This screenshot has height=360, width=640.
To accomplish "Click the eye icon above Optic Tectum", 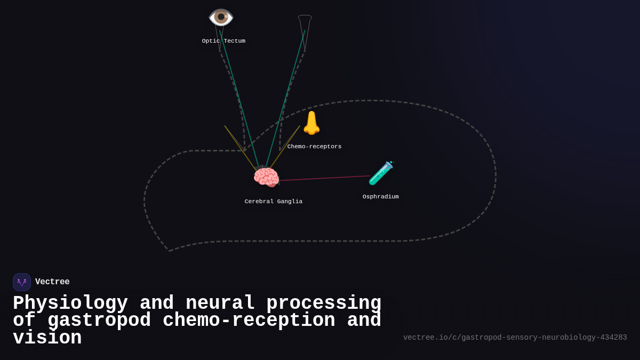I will pos(221,17).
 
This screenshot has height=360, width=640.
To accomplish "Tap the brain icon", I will pos(266,178).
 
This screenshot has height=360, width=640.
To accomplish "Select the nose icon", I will pos(311,123).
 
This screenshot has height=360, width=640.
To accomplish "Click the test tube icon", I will pos(381,173).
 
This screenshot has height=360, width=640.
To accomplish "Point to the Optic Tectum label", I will pos(223,41).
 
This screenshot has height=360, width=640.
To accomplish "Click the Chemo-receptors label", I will pos(314,147).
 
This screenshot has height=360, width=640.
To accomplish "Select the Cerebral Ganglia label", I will pos(273,202).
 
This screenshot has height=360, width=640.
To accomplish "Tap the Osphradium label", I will pos(380,197).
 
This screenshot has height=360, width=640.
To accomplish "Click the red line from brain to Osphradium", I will pos(325,178).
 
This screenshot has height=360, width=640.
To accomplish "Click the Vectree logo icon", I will pos(22,282).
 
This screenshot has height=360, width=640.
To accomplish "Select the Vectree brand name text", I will pos(52,282).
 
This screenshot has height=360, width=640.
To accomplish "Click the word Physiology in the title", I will pos(70,303).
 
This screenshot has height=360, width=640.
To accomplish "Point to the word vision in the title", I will pos(47,338).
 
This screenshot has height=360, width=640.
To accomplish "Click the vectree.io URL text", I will pos(515,338).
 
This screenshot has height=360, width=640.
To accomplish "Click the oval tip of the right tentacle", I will pos(305,18).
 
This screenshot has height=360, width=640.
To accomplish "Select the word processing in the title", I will pos(324,303).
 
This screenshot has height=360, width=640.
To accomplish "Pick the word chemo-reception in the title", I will pos(249,321).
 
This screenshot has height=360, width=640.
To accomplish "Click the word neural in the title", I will pos(220,303).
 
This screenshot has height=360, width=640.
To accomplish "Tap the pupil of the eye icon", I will pos(221,17).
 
